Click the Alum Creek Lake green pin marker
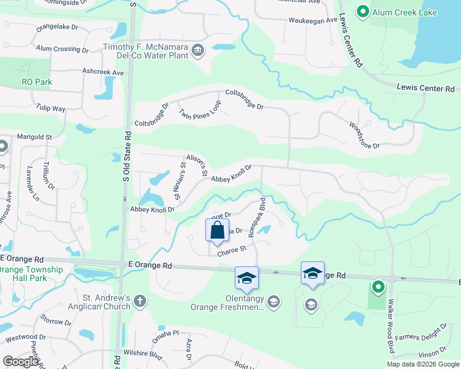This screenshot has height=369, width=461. tap(363, 12)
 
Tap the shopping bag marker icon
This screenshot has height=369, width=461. tap(217, 231)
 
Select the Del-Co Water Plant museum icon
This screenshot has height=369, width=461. tap(198, 50)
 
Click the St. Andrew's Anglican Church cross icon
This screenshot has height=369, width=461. tap(140, 301)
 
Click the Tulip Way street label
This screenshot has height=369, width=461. tap(51, 108)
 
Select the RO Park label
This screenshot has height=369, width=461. tap(37, 82)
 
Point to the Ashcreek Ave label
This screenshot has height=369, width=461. tap(104, 73)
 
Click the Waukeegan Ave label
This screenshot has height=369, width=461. tap(314, 20)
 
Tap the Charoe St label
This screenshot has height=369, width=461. tap(231, 250)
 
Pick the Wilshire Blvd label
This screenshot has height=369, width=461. tap(142, 354)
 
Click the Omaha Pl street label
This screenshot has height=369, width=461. tap(166, 333)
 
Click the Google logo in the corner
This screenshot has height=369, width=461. tap(20, 362)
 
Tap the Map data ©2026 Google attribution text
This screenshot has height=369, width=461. tap(422, 364)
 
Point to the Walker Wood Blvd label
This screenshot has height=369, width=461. tap(391, 326)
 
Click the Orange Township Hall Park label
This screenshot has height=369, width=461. tap(31, 274)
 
